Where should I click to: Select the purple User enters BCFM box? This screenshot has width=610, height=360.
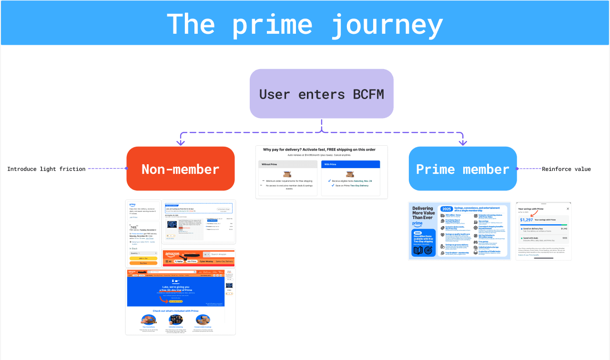pos(322,94)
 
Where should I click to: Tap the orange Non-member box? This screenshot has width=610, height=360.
pos(181,169)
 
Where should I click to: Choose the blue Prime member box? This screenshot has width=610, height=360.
pos(463,169)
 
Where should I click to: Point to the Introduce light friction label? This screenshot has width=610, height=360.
pos(46,169)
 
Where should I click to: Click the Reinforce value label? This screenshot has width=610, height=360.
pos(566,169)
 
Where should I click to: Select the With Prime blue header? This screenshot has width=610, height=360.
pos(350,164)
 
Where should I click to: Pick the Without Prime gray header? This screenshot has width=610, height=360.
pos(288,164)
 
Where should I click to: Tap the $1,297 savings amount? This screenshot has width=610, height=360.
pos(526,220)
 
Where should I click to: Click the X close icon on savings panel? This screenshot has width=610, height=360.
pos(568,209)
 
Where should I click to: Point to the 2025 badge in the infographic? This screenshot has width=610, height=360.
pos(447,209)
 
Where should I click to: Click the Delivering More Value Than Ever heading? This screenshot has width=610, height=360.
pos(423,213)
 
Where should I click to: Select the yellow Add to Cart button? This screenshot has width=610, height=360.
pos(143,258)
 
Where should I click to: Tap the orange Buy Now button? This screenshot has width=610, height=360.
pos(143,263)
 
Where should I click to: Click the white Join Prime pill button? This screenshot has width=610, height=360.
pos(192,261)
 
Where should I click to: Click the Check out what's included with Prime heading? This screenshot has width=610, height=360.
pos(175,311)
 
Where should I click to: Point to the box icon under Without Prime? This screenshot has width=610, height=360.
pos(287,174)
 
